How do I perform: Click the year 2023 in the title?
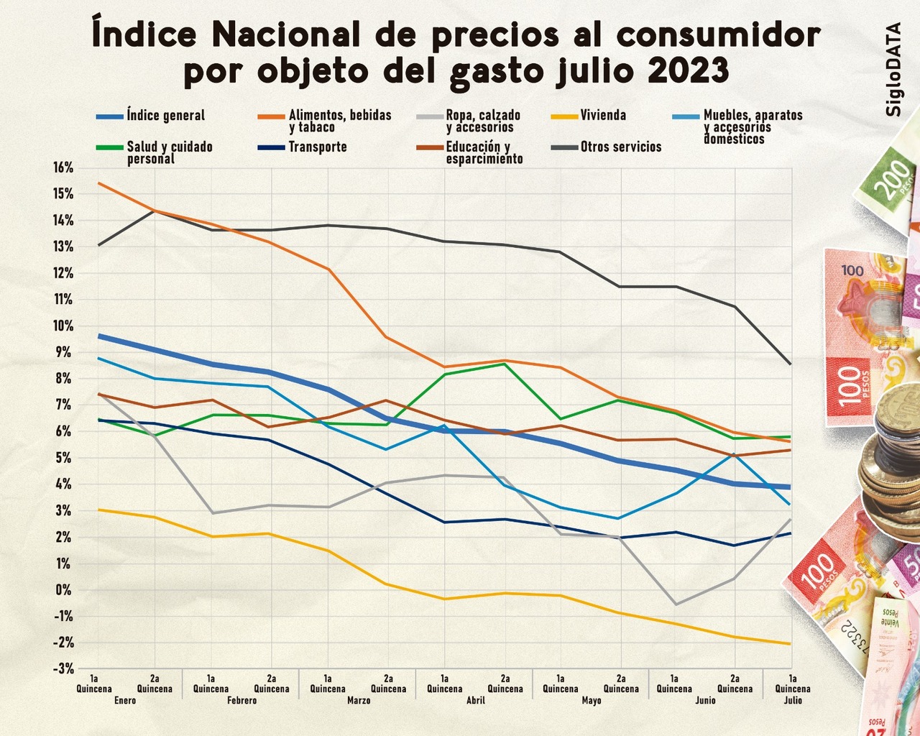pyautogui.click(x=688, y=70)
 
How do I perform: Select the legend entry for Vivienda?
pyautogui.click(x=603, y=116)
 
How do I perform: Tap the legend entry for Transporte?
pyautogui.click(x=317, y=147)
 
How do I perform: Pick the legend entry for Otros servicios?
pyautogui.click(x=620, y=147)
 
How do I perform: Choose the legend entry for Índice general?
pyautogui.click(x=165, y=116)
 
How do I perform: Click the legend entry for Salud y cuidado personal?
pyautogui.click(x=170, y=152)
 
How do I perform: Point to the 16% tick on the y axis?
pyautogui.click(x=63, y=167)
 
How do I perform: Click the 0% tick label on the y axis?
pyautogui.click(x=65, y=590)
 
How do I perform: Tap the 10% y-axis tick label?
pyautogui.click(x=63, y=326)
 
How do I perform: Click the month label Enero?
pyautogui.click(x=124, y=700)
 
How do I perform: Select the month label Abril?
pyautogui.click(x=475, y=700)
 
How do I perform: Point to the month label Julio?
pyautogui.click(x=792, y=700)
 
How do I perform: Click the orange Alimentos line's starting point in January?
pyautogui.click(x=98, y=183)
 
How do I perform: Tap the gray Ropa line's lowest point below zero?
pyautogui.click(x=676, y=604)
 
